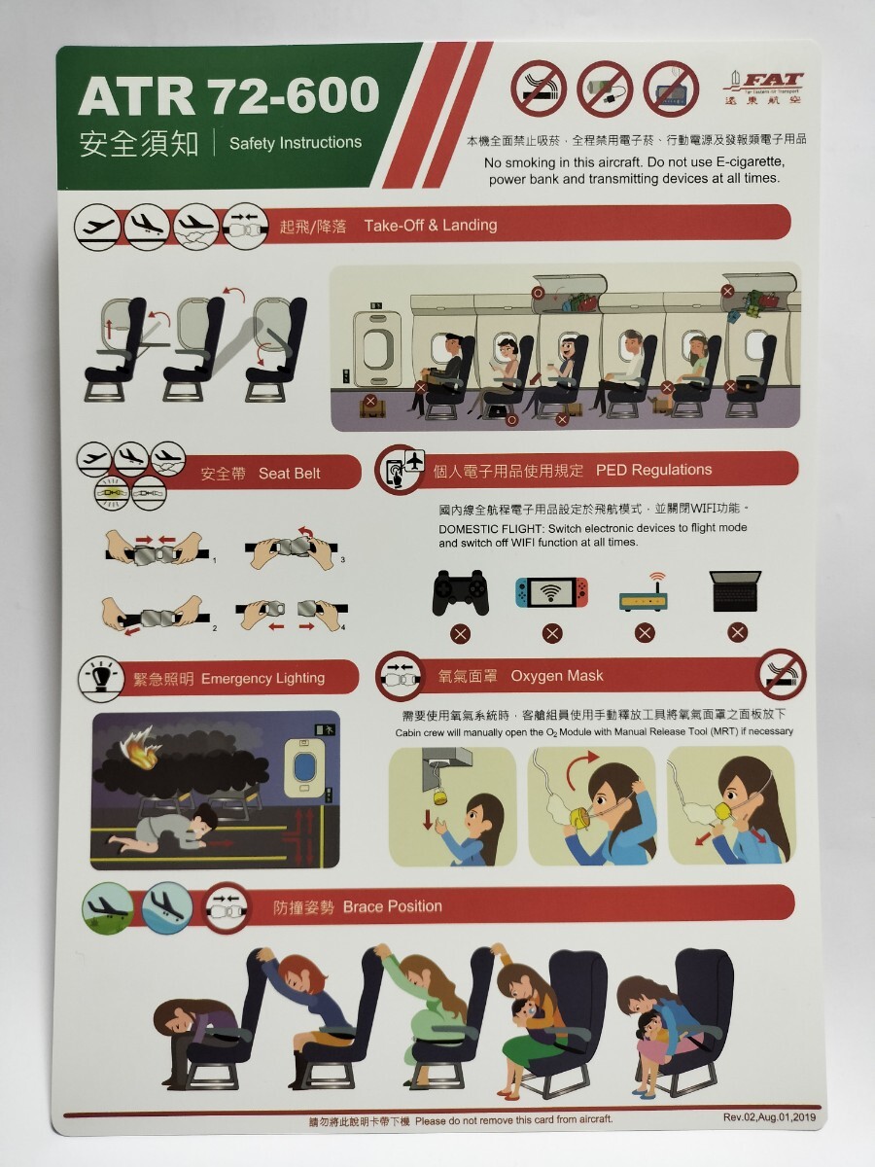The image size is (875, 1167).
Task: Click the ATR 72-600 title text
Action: click(x=228, y=95)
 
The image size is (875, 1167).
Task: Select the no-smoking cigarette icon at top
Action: click(x=538, y=88)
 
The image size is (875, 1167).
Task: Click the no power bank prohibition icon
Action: click(x=605, y=88)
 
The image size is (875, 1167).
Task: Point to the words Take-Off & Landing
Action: click(x=430, y=225)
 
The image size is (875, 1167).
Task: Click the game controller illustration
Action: click(x=460, y=590)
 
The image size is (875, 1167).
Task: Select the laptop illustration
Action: click(x=736, y=591)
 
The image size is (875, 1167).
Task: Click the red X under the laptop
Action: click(x=736, y=633)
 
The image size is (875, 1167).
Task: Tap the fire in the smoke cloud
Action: click(x=139, y=754)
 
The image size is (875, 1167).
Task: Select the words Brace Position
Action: click(x=392, y=906)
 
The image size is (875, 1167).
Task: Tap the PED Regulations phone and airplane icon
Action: click(x=402, y=470)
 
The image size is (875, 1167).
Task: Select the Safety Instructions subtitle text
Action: click(x=295, y=143)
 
